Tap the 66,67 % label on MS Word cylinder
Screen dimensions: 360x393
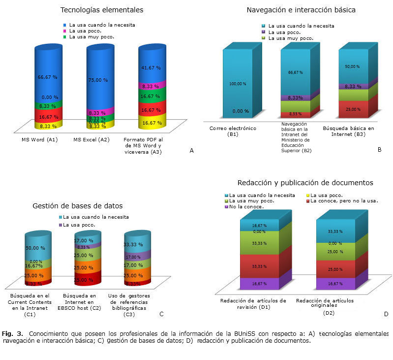48,77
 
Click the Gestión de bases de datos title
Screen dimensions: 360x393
77,205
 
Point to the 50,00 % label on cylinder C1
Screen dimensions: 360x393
35,248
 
